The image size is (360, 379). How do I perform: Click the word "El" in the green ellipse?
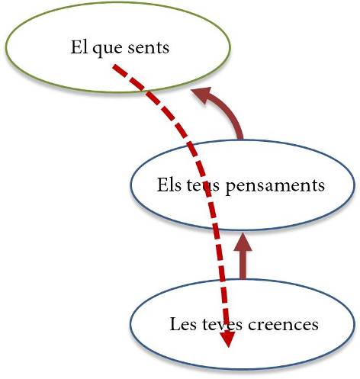click(x=77, y=47)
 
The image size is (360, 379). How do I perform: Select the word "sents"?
click(x=149, y=48)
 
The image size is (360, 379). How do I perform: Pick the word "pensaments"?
click(x=275, y=186)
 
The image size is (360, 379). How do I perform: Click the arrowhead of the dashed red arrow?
click(x=227, y=339)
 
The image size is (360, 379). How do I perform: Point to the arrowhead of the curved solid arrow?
click(x=201, y=95)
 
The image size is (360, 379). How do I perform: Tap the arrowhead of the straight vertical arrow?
click(x=243, y=242)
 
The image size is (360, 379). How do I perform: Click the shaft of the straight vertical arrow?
click(x=243, y=265)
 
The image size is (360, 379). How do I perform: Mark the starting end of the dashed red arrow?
click(x=114, y=66)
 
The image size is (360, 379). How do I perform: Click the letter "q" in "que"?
click(x=97, y=50)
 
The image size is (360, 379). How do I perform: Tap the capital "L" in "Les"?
click(x=175, y=324)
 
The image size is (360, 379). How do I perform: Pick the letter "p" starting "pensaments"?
click(x=231, y=188)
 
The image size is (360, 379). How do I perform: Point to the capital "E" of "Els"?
click(x=162, y=185)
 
